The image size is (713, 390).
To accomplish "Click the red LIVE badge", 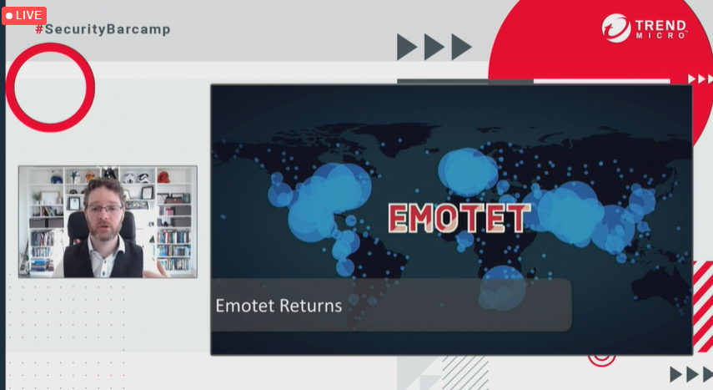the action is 24,16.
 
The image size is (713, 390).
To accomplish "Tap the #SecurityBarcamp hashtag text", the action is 103,29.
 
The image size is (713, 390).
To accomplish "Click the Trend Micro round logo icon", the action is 616,28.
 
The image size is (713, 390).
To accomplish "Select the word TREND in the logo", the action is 660,25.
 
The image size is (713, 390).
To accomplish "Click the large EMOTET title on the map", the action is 459,218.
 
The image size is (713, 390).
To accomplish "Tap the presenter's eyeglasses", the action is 104,209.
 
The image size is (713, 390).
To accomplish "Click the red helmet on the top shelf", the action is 163,177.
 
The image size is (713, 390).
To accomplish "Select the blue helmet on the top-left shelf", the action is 57,177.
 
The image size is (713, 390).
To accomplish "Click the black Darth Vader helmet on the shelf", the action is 109,174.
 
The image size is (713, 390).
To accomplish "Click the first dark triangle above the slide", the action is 406,47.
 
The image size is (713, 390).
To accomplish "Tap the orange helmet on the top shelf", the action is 91,176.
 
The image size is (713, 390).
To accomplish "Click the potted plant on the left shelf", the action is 37,197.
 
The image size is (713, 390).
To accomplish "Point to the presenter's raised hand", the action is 156,270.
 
